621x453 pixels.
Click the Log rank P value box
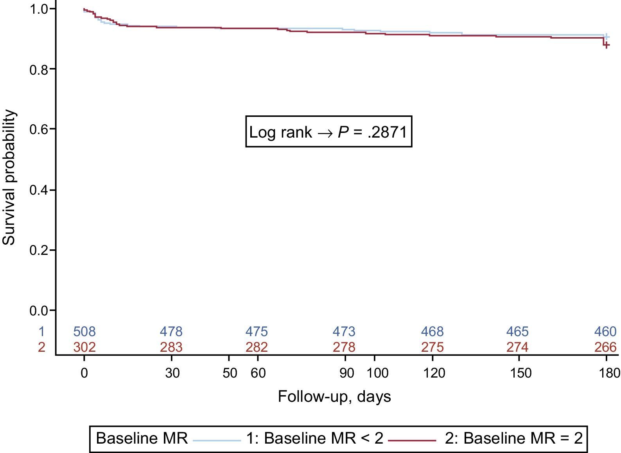(328, 132)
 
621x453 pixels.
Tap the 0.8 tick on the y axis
(39, 70)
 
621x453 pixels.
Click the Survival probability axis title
(9, 178)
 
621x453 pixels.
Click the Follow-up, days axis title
(334, 396)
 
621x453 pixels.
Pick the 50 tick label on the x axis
(230, 373)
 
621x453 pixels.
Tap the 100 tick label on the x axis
(377, 373)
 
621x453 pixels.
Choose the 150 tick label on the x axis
(520, 373)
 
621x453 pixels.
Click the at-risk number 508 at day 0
(84, 332)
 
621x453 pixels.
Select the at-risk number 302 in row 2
(84, 347)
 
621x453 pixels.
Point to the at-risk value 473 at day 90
(344, 332)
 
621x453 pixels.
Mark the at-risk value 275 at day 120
(432, 347)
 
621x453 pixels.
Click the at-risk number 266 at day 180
(605, 347)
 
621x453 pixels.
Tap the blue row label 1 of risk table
(41, 332)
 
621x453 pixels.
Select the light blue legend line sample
(217, 440)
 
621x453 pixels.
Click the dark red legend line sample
(412, 440)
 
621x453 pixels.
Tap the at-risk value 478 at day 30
(171, 332)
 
